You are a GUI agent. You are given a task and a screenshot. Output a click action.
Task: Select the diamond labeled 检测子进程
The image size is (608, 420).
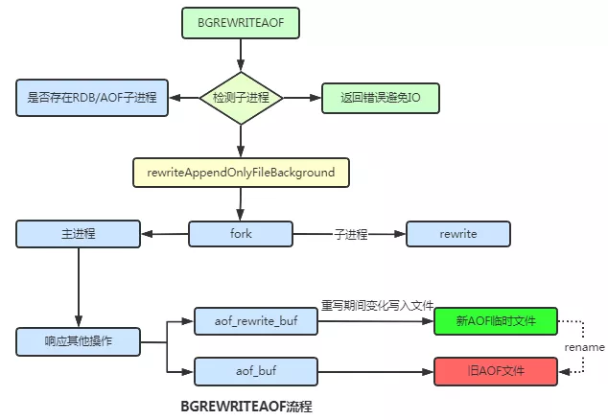[241, 97]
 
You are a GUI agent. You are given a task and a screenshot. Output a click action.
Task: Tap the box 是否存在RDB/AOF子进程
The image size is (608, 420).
[92, 97]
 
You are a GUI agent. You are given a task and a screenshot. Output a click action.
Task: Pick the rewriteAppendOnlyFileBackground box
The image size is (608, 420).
[241, 173]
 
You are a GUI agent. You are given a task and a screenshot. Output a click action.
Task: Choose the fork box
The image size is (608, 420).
[241, 233]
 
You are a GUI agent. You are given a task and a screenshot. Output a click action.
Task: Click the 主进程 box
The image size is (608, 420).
[78, 233]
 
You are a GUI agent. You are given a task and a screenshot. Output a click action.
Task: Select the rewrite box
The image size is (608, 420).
[458, 233]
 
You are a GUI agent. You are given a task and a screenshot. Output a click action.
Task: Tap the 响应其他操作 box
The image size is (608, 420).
[78, 340]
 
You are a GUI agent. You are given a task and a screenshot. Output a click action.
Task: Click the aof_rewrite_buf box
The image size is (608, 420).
[256, 320]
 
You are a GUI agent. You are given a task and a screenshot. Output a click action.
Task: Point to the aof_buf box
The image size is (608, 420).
[256, 368]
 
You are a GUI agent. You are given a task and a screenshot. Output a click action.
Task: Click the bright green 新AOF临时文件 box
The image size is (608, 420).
[496, 320]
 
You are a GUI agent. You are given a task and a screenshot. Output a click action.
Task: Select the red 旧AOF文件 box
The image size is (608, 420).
[496, 368]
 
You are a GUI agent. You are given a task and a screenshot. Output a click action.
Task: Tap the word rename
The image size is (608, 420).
[584, 345]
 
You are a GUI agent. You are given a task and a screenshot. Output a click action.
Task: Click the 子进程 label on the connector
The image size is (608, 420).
[351, 233]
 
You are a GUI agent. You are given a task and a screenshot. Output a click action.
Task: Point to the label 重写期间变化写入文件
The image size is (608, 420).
[376, 306]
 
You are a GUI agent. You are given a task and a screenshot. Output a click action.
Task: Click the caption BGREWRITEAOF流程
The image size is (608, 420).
[246, 407]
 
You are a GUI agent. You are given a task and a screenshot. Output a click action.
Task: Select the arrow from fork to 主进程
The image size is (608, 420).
[165, 233]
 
